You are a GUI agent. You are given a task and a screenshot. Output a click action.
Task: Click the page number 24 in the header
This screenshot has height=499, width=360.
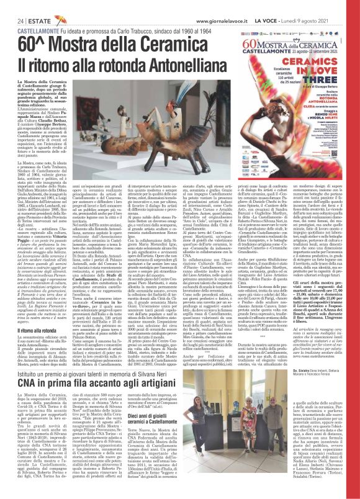(x=11, y=4)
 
